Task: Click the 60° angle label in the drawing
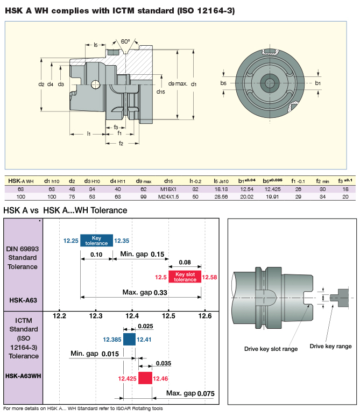[125, 41]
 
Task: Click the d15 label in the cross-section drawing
[161, 92]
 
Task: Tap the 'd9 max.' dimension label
[178, 84]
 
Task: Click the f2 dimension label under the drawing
[121, 144]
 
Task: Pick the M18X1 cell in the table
[168, 189]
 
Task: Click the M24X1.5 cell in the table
[168, 196]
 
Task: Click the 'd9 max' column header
[143, 181]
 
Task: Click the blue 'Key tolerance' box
[97, 241]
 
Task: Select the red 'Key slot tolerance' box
[185, 277]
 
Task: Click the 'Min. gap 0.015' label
[94, 354]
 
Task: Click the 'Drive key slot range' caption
[271, 349]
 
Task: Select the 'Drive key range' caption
[330, 346]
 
